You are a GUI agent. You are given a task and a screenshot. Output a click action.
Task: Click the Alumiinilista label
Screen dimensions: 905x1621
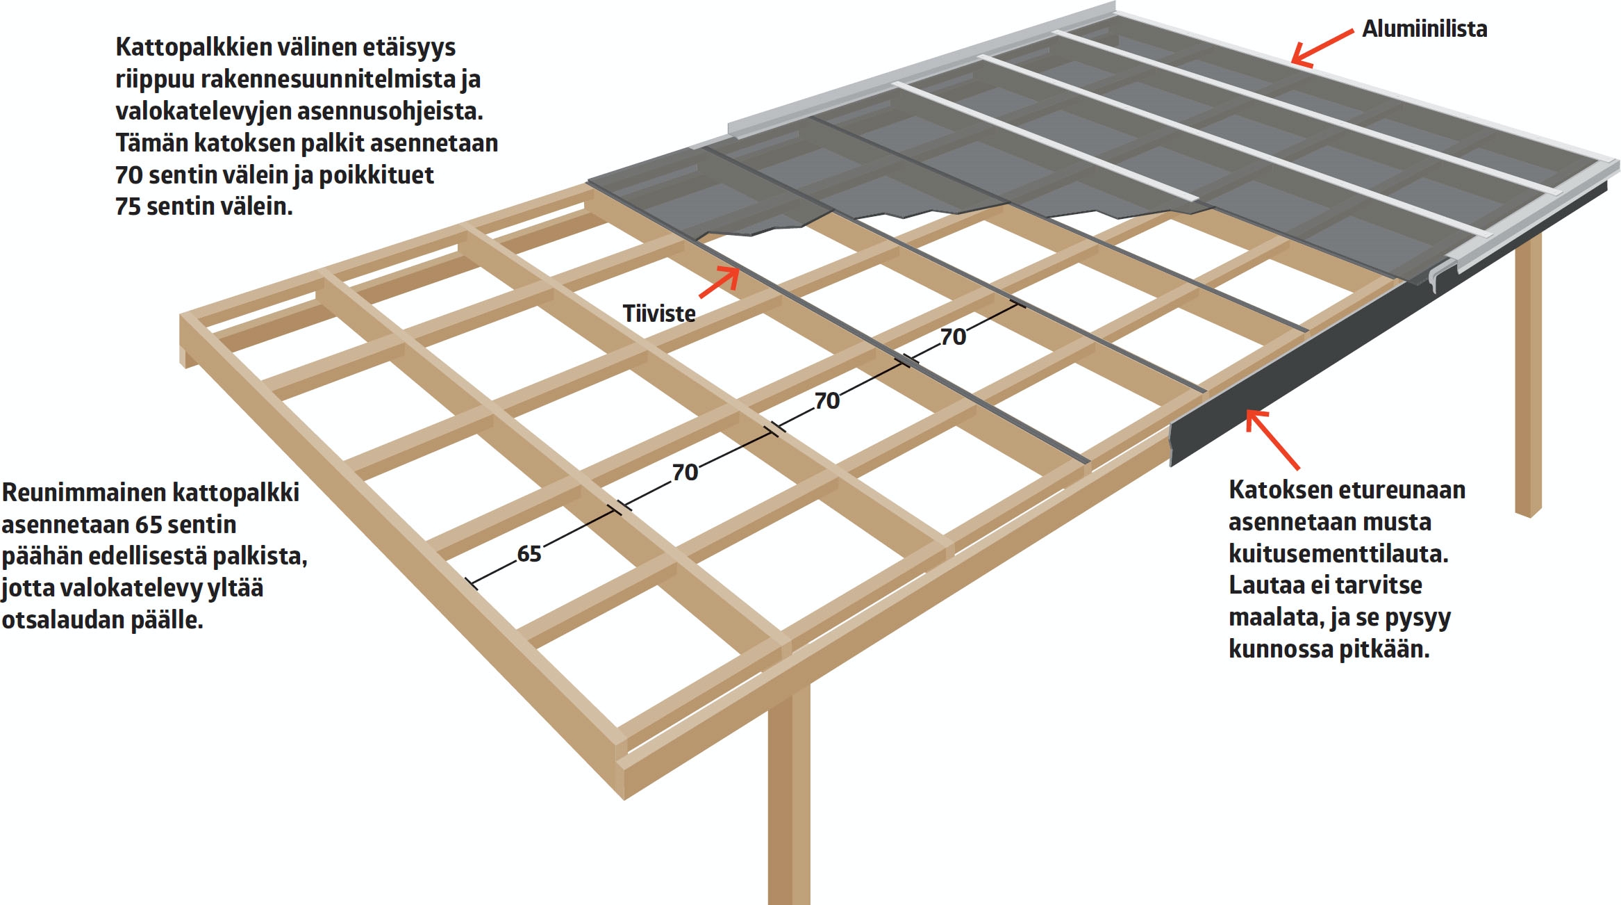click(1424, 29)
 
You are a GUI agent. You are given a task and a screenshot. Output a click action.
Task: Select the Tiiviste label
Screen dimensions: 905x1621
click(658, 313)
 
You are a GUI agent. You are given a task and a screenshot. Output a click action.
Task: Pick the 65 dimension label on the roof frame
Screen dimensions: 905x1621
click(529, 554)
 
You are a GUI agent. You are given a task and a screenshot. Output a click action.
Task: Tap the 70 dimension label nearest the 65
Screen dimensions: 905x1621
click(685, 473)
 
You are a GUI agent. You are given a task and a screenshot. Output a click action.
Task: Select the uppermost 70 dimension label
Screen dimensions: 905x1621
click(953, 337)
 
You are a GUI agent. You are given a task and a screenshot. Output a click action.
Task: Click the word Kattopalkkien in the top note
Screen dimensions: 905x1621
click(194, 47)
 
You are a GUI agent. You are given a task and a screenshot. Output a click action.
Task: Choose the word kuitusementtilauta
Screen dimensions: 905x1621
click(1338, 554)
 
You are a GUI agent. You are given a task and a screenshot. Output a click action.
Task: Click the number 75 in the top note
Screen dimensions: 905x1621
click(128, 206)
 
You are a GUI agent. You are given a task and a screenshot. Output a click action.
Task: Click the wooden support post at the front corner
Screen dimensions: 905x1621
click(789, 799)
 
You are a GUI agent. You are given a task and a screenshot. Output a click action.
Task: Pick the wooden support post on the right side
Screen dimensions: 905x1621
click(1527, 375)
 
